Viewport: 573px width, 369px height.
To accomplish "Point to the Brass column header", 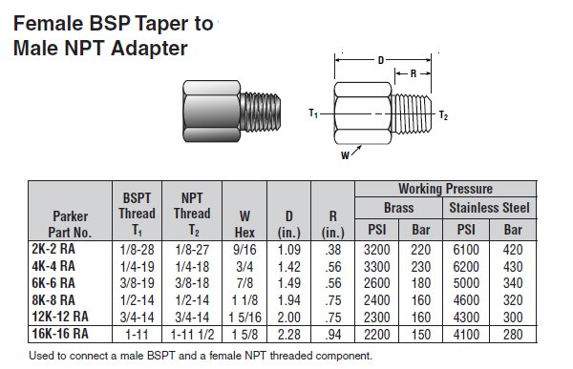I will coord(401,207).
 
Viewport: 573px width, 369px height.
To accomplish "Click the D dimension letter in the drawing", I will coord(382,60).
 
